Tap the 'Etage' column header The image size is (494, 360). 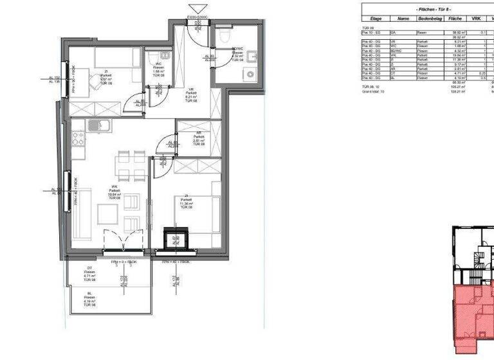click(376, 19)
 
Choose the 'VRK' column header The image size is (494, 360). click(477, 19)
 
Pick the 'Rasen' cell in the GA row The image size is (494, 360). click(422, 32)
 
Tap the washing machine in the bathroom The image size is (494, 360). click(249, 74)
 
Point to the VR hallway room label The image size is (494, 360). click(191, 94)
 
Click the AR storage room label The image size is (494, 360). click(199, 138)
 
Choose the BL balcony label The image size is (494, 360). click(90, 300)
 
